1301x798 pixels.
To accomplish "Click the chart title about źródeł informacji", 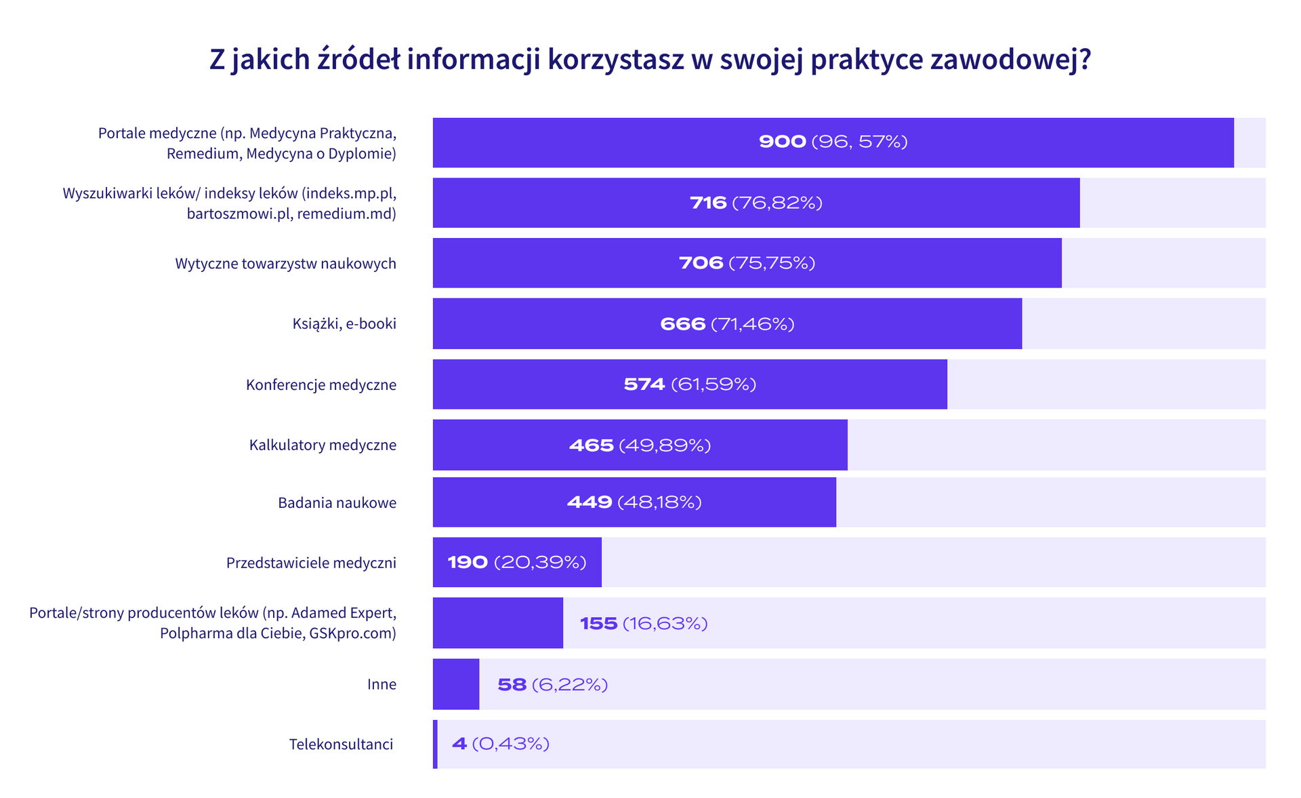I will tap(650, 60).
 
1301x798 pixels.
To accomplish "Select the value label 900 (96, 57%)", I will tap(833, 142).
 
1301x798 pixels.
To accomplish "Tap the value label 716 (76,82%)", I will tap(756, 203).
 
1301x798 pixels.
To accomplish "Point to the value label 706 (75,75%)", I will tap(747, 263).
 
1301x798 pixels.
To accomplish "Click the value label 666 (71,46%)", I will tap(727, 324).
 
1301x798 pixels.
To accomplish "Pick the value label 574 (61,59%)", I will tap(690, 384).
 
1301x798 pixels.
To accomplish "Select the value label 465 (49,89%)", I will tap(640, 445).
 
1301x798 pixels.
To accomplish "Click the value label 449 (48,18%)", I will tap(634, 502).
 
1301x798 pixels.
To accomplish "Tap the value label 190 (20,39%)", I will tap(517, 563).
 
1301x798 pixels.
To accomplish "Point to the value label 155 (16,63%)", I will tap(644, 624).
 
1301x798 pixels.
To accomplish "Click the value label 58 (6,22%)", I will tap(552, 685).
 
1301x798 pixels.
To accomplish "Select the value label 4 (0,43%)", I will tap(500, 744).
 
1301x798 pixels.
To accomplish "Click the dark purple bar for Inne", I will tap(456, 684).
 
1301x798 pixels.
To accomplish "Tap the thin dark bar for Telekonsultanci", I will tap(435, 744).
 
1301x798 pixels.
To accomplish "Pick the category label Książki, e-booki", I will tap(344, 324).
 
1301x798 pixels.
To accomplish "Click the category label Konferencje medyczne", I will tap(321, 385).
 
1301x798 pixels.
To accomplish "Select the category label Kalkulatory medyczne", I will tap(323, 445).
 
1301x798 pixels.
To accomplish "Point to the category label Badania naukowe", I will tap(337, 503).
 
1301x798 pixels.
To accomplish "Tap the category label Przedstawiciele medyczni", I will tap(311, 563).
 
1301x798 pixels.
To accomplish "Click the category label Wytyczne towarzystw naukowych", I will tap(285, 264).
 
